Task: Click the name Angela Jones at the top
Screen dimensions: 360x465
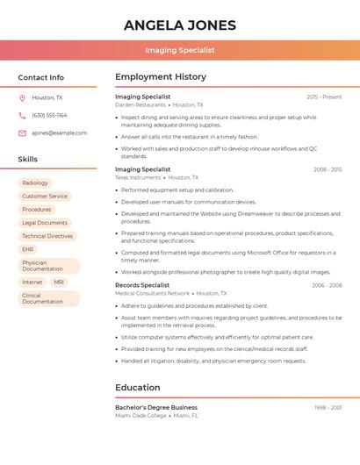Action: coord(180,24)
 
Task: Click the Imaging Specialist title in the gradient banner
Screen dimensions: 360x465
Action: coord(180,50)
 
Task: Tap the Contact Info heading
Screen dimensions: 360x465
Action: coord(41,77)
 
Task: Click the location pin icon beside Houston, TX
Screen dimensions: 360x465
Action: coord(22,97)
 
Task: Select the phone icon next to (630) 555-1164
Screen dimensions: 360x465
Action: coord(22,115)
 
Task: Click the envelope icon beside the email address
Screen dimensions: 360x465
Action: coord(22,132)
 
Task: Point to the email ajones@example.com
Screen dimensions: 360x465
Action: coord(59,132)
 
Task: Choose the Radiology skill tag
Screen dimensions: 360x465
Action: coord(35,182)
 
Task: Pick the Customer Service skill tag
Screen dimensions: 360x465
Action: coord(45,196)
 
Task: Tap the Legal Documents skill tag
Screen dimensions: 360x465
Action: coord(45,223)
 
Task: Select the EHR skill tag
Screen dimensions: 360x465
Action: coord(28,249)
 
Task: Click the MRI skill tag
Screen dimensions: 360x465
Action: coord(59,282)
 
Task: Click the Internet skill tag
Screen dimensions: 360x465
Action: coord(32,282)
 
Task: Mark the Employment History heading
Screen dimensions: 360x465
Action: coord(161,77)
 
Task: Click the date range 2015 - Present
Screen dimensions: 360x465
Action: coord(324,97)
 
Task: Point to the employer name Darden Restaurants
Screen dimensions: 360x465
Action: coord(140,104)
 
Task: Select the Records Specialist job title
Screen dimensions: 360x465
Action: coord(142,285)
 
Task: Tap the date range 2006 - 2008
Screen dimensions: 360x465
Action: coord(327,285)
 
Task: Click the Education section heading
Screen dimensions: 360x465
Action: coord(138,387)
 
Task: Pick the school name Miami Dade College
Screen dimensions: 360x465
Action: coord(140,415)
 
